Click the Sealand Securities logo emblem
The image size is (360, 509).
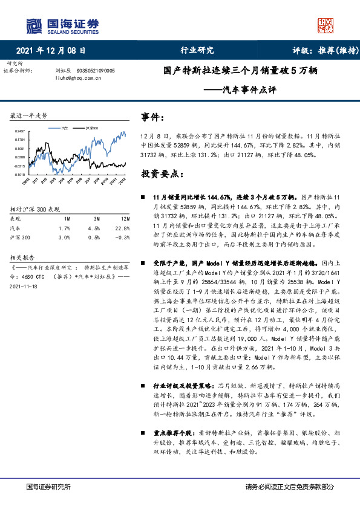[33, 25]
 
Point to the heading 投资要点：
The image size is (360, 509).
[162, 173]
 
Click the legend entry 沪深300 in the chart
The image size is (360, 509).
[92, 128]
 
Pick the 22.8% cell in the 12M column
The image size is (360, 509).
[123, 229]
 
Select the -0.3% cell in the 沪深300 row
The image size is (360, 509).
[123, 238]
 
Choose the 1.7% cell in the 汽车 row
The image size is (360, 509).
[66, 229]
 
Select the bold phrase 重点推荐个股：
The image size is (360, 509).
[172, 433]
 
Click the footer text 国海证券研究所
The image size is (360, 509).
[49, 487]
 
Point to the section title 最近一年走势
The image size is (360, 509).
[29, 115]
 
